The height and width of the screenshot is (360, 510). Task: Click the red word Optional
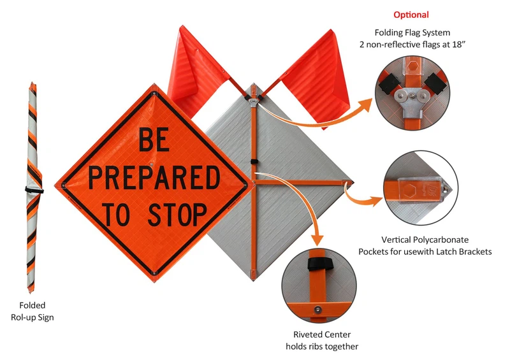click(411, 15)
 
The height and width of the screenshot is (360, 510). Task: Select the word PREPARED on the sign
click(153, 178)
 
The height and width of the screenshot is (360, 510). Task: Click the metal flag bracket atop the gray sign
click(254, 98)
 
